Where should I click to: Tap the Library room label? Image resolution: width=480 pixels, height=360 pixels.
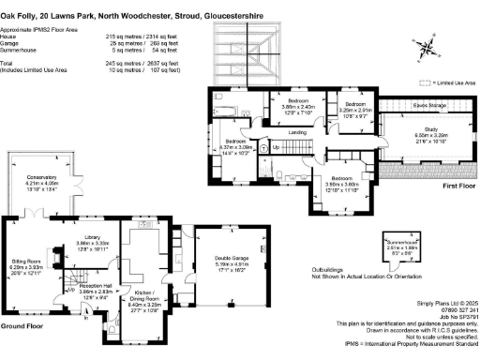point(93,238)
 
